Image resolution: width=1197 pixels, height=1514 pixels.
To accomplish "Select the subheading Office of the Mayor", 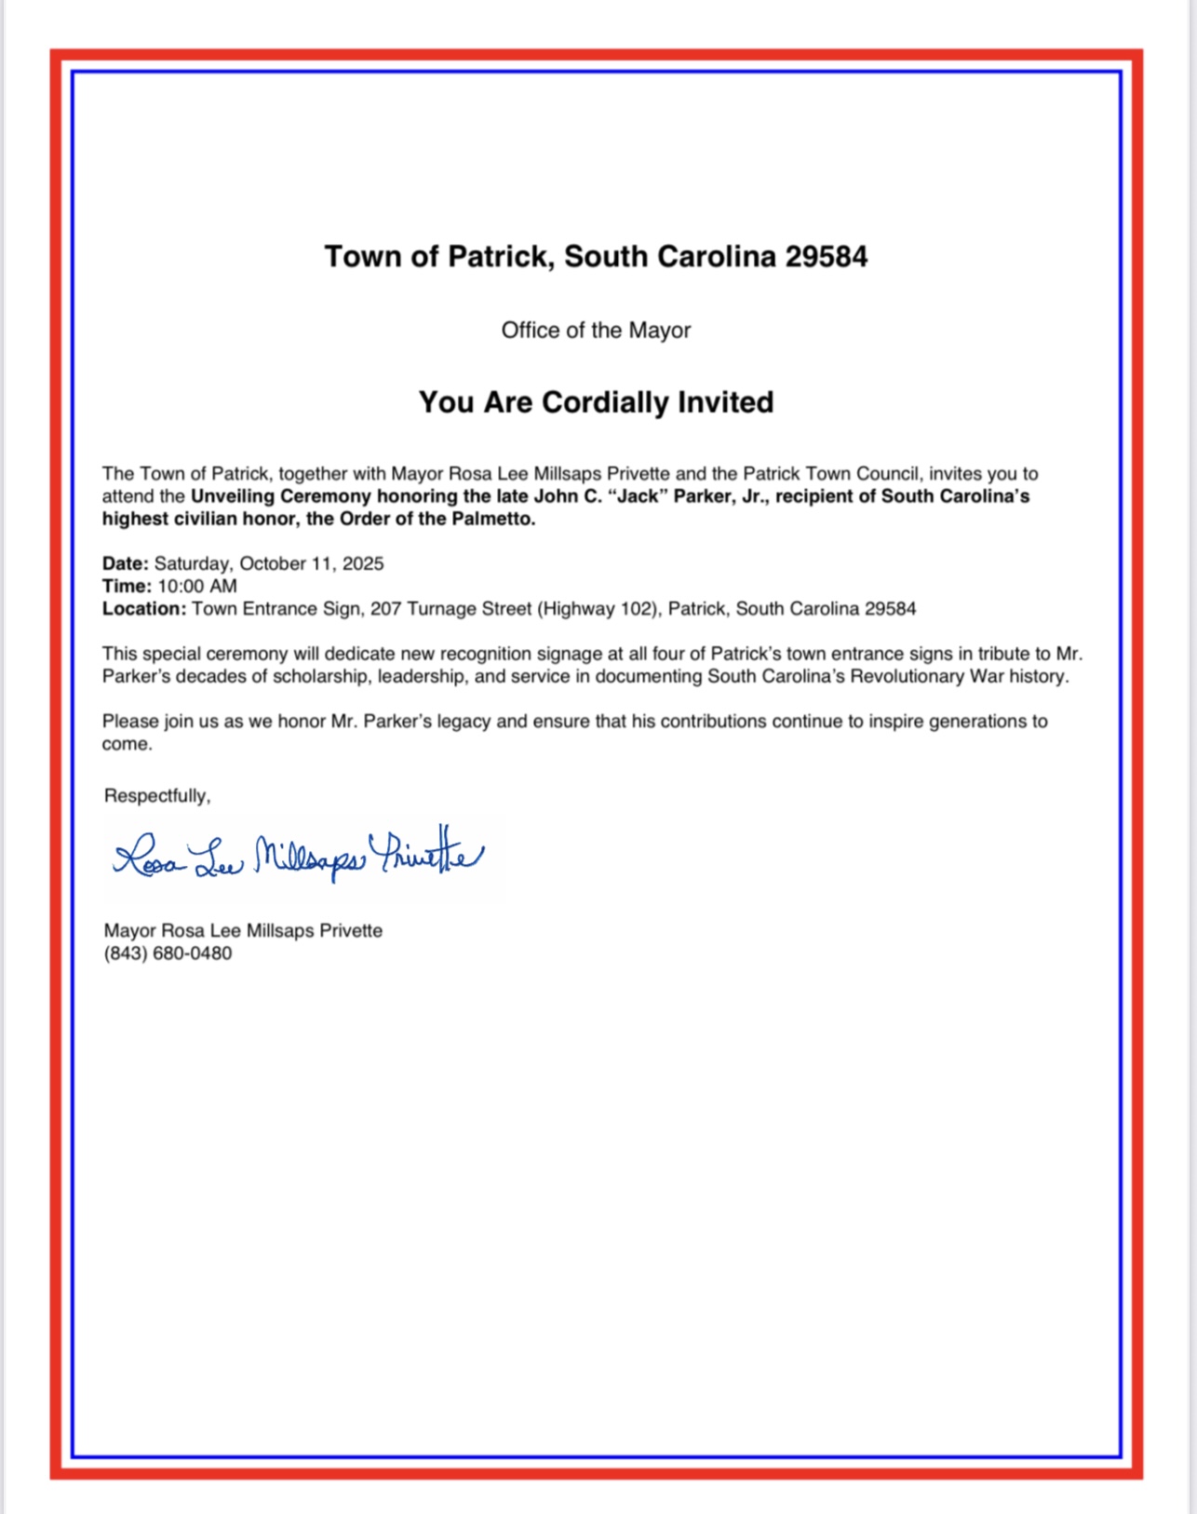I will (x=596, y=331).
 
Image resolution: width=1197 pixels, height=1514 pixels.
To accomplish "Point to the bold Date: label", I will (x=125, y=563).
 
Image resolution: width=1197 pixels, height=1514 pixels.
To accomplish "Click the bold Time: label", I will (x=127, y=586).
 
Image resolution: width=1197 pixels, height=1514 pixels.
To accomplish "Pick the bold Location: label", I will (x=144, y=609).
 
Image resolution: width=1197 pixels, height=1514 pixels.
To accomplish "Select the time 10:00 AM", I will (x=197, y=586).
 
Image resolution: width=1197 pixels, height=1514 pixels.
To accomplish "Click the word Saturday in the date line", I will (x=192, y=563).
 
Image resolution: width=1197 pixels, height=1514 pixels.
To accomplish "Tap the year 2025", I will (x=362, y=563).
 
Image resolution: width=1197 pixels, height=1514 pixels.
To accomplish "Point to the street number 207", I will (x=385, y=609).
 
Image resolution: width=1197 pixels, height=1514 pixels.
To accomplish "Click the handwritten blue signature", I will (x=298, y=855).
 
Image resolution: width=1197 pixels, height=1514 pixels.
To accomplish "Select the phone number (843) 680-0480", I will (x=168, y=953).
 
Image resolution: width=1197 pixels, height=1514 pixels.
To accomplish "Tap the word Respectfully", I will (x=156, y=796).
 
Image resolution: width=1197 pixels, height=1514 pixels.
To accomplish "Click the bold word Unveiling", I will (x=232, y=496).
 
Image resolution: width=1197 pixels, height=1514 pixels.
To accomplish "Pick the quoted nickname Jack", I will (x=638, y=496).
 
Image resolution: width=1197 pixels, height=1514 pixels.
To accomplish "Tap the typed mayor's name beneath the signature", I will (x=243, y=931).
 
